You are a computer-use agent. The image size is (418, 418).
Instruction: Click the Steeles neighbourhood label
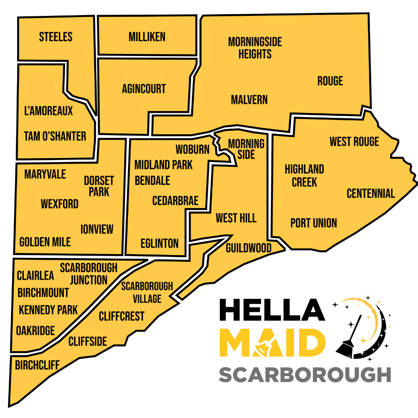pyautogui.click(x=56, y=37)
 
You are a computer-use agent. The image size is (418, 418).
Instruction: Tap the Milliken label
pyautogui.click(x=147, y=37)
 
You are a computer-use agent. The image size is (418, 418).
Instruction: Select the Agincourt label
pyautogui.click(x=144, y=89)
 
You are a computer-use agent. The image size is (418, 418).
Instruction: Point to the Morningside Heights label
pyautogui.click(x=255, y=48)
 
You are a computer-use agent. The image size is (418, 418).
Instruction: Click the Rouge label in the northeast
pyautogui.click(x=330, y=81)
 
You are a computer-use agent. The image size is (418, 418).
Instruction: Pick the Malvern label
pyautogui.click(x=249, y=100)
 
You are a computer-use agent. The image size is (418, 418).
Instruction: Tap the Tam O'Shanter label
pyautogui.click(x=55, y=136)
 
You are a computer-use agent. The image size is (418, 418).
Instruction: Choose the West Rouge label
pyautogui.click(x=354, y=142)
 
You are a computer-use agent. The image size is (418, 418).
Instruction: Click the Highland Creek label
pyautogui.click(x=304, y=176)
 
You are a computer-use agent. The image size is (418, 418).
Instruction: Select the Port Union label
pyautogui.click(x=313, y=223)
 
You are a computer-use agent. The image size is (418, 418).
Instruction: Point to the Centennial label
pyautogui.click(x=371, y=194)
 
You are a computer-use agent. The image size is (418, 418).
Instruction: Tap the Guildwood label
pyautogui.click(x=248, y=248)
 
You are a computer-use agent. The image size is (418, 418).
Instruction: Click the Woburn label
pyautogui.click(x=192, y=150)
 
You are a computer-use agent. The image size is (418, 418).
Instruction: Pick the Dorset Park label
pyautogui.click(x=99, y=186)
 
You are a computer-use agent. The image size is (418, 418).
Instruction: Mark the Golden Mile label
pyautogui.click(x=45, y=242)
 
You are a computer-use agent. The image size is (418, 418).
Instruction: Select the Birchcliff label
pyautogui.click(x=37, y=365)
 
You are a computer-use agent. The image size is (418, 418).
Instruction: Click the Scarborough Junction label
pyautogui.click(x=89, y=273)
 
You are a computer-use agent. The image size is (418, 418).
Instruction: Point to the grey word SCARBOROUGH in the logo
pyautogui.click(x=305, y=375)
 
